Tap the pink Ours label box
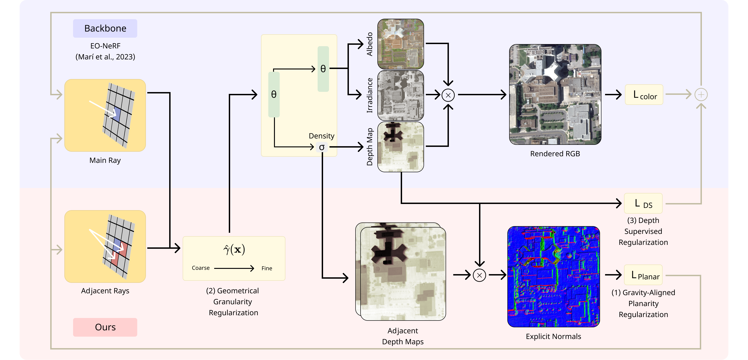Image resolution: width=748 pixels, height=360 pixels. click(x=105, y=327)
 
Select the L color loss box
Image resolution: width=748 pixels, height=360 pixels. click(x=644, y=95)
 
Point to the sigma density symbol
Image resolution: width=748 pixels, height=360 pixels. click(x=322, y=147)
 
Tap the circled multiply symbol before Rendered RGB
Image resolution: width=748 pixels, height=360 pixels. click(x=448, y=95)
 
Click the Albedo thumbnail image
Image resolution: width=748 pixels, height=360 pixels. click(x=400, y=44)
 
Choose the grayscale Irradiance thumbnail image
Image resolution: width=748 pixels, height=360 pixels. click(x=400, y=95)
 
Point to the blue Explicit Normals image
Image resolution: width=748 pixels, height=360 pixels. click(x=553, y=277)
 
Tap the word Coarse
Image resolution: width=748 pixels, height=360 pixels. click(x=201, y=268)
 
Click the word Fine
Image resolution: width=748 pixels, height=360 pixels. click(x=266, y=268)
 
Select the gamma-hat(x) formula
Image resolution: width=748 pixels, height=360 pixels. click(x=234, y=250)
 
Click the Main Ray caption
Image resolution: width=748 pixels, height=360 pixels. click(x=105, y=160)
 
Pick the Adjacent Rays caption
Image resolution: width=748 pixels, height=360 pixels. click(x=105, y=291)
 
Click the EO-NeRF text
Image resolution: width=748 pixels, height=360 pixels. click(x=105, y=46)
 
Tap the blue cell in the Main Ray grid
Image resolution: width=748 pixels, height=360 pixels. click(x=116, y=114)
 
